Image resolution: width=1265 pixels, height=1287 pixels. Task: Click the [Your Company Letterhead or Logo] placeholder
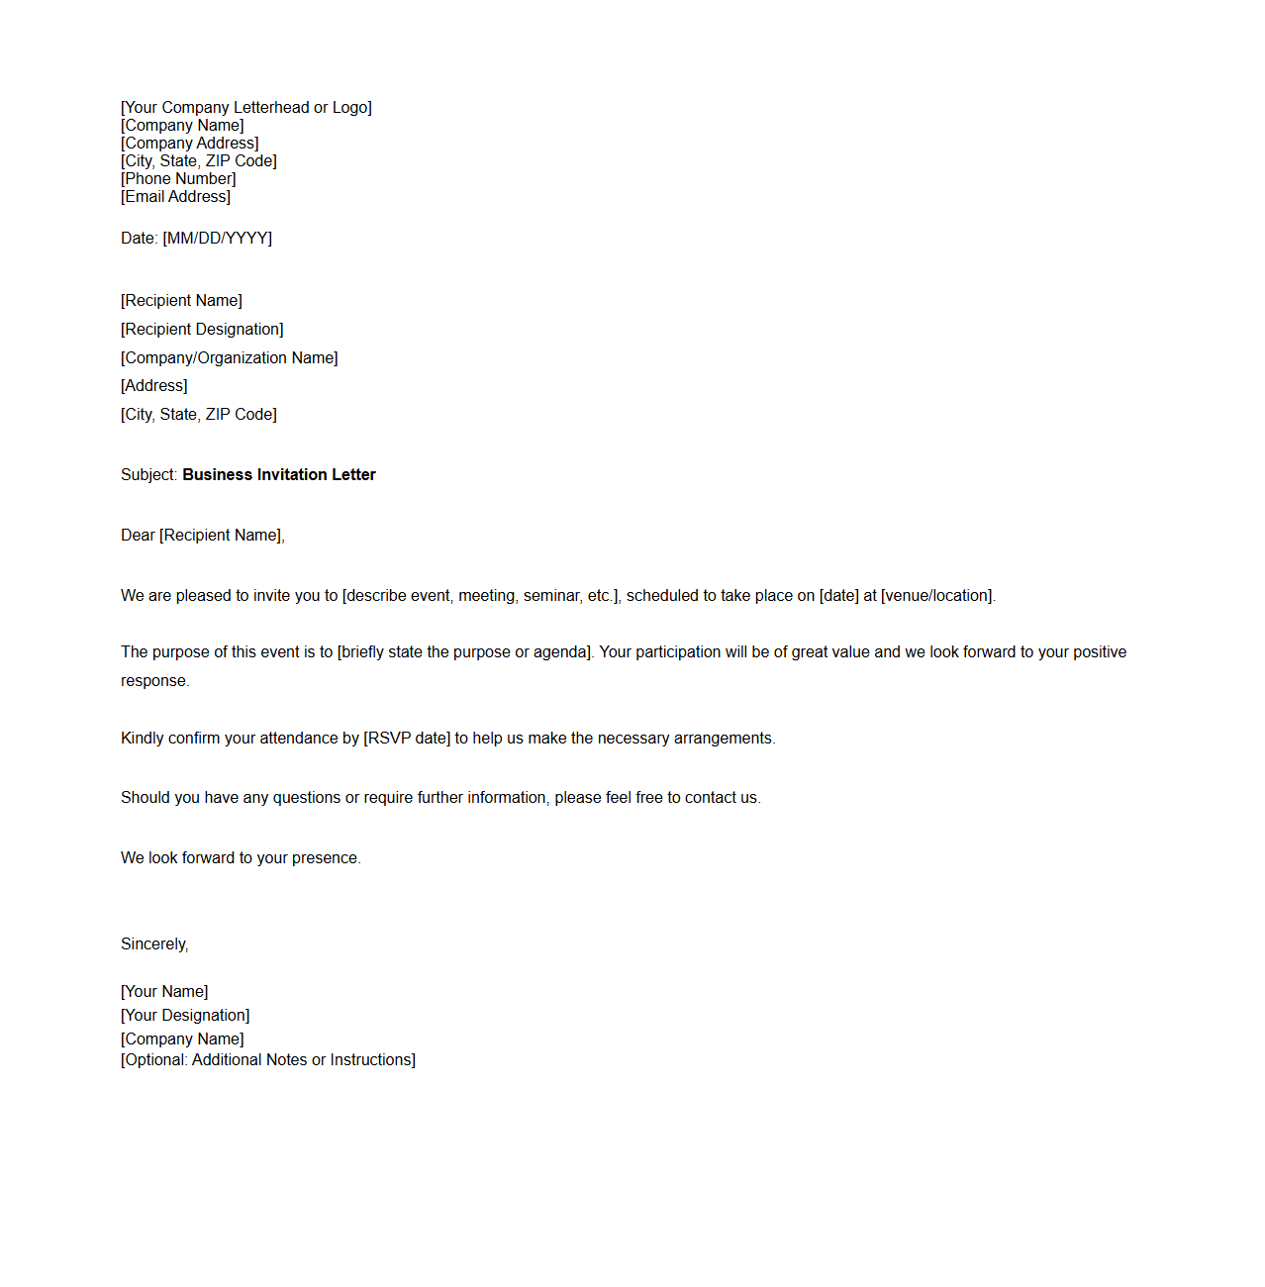click(x=246, y=108)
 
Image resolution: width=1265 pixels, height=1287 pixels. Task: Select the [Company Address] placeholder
click(x=190, y=144)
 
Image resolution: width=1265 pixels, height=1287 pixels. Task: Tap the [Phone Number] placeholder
click(x=178, y=179)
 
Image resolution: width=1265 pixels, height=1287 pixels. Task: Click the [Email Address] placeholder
click(x=175, y=197)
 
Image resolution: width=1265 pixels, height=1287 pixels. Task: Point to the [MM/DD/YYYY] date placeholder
click(x=217, y=239)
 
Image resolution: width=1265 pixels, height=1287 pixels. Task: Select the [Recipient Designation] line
click(x=202, y=330)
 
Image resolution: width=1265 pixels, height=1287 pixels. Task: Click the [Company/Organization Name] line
click(x=230, y=358)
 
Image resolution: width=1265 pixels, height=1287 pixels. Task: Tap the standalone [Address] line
click(x=154, y=386)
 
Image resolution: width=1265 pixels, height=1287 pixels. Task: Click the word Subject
click(x=147, y=475)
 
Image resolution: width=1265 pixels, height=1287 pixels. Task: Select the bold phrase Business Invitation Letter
click(x=279, y=475)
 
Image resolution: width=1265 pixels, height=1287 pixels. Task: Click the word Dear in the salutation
click(x=138, y=536)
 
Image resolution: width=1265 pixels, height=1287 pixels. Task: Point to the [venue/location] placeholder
click(x=937, y=596)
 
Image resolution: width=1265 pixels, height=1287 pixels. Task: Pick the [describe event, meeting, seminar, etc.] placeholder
click(x=481, y=596)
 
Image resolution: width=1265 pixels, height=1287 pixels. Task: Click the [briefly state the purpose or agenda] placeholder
click(x=465, y=652)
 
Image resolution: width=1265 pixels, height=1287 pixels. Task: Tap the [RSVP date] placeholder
click(x=407, y=739)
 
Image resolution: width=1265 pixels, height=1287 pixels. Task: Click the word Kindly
click(x=143, y=739)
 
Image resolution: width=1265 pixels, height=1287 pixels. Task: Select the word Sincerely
click(x=153, y=944)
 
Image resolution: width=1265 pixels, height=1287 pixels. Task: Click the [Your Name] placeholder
click(x=164, y=992)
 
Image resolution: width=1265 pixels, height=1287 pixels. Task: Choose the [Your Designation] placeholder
click(x=185, y=1016)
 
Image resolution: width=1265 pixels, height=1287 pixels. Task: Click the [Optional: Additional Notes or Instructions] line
click(x=268, y=1060)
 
